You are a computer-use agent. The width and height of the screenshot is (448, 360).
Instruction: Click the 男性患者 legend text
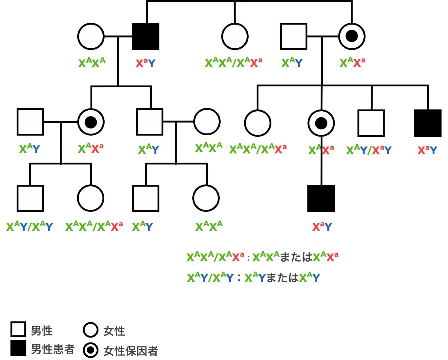[x=53, y=349]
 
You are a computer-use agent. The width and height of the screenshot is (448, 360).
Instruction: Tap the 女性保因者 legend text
[x=130, y=351]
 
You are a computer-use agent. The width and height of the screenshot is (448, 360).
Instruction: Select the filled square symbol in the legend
[x=18, y=348]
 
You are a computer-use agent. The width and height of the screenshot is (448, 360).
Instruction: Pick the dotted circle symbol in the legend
[x=91, y=350]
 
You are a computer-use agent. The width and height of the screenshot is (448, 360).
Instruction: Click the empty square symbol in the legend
[x=18, y=329]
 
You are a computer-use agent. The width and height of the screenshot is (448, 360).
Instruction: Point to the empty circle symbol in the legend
[x=91, y=330]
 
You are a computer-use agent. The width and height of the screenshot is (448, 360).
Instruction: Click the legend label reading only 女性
[x=114, y=331]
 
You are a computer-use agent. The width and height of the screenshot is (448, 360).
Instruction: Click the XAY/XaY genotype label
[x=369, y=150]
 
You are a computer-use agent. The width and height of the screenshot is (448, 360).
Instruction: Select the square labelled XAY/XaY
[x=371, y=123]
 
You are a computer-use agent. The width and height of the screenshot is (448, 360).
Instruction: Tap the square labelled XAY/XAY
[x=30, y=199]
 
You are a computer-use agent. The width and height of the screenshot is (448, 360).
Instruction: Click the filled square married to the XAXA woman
[x=146, y=36]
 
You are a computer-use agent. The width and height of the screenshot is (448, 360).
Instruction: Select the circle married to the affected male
[x=91, y=36]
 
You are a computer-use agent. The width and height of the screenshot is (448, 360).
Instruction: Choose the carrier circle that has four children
[x=352, y=36]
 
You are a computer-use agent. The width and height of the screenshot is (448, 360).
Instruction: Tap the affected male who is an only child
[x=321, y=199]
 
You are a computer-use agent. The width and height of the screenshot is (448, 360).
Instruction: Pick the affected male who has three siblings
[x=428, y=123]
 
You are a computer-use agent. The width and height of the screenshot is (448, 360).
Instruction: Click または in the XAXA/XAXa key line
[x=296, y=257]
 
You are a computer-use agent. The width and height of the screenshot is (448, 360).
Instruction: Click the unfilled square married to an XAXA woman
[x=150, y=122]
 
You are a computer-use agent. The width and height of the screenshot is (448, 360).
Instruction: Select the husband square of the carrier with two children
[x=30, y=122]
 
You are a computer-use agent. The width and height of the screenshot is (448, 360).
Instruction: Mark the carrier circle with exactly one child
[x=321, y=123]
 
